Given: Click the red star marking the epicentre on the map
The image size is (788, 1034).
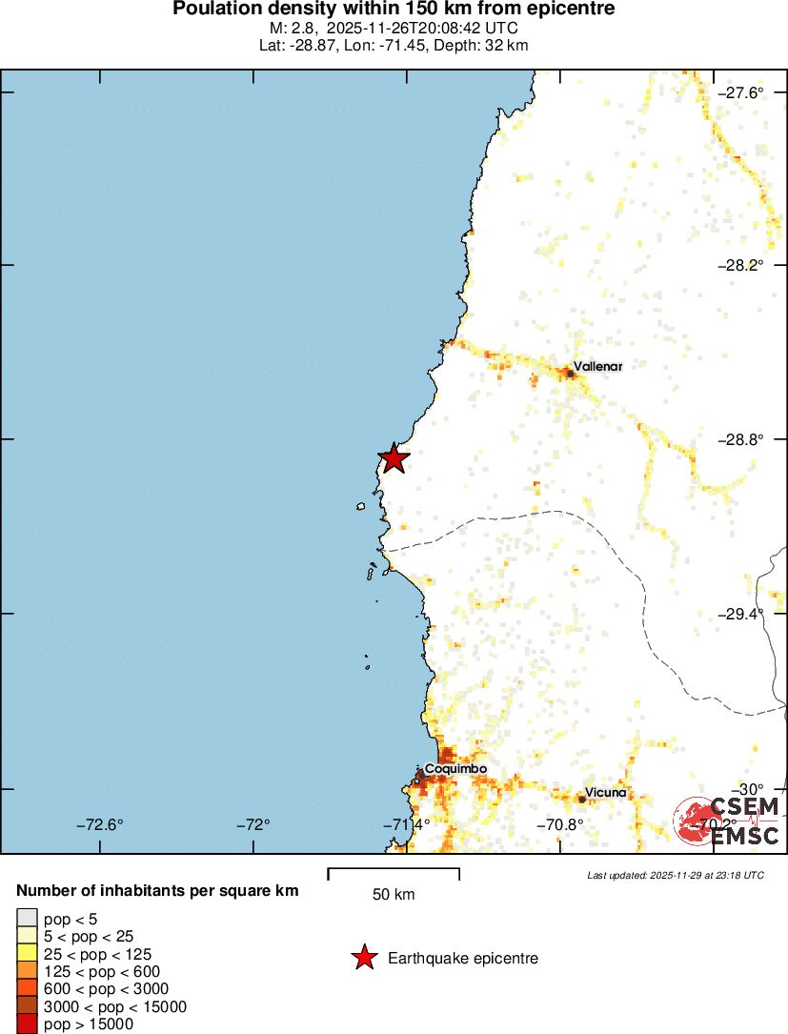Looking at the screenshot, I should click(393, 458).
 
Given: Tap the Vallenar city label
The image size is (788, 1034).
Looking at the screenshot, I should click(597, 366).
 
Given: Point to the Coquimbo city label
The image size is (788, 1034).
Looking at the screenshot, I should click(455, 768).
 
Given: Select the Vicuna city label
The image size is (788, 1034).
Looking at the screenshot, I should click(606, 792).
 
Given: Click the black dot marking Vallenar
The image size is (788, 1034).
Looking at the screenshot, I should click(570, 373).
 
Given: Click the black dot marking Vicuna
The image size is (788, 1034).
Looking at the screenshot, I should click(582, 799).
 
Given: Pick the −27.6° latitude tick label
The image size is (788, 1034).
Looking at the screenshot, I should click(740, 92).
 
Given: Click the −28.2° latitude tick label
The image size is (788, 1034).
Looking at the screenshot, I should click(740, 265).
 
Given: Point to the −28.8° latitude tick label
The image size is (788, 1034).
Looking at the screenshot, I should click(740, 439).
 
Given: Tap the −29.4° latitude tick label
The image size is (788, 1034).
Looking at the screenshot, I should click(740, 614).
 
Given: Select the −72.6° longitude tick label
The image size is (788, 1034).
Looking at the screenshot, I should click(100, 824).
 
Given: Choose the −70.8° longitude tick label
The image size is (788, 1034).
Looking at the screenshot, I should click(560, 824).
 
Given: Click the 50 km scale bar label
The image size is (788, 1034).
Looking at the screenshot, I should click(394, 894).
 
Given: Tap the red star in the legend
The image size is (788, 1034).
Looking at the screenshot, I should click(364, 958).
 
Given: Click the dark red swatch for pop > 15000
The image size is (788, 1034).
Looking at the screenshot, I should click(27, 1024).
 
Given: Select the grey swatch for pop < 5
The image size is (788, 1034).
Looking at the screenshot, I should click(27, 918).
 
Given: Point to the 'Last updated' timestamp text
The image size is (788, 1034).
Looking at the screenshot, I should click(675, 875).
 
